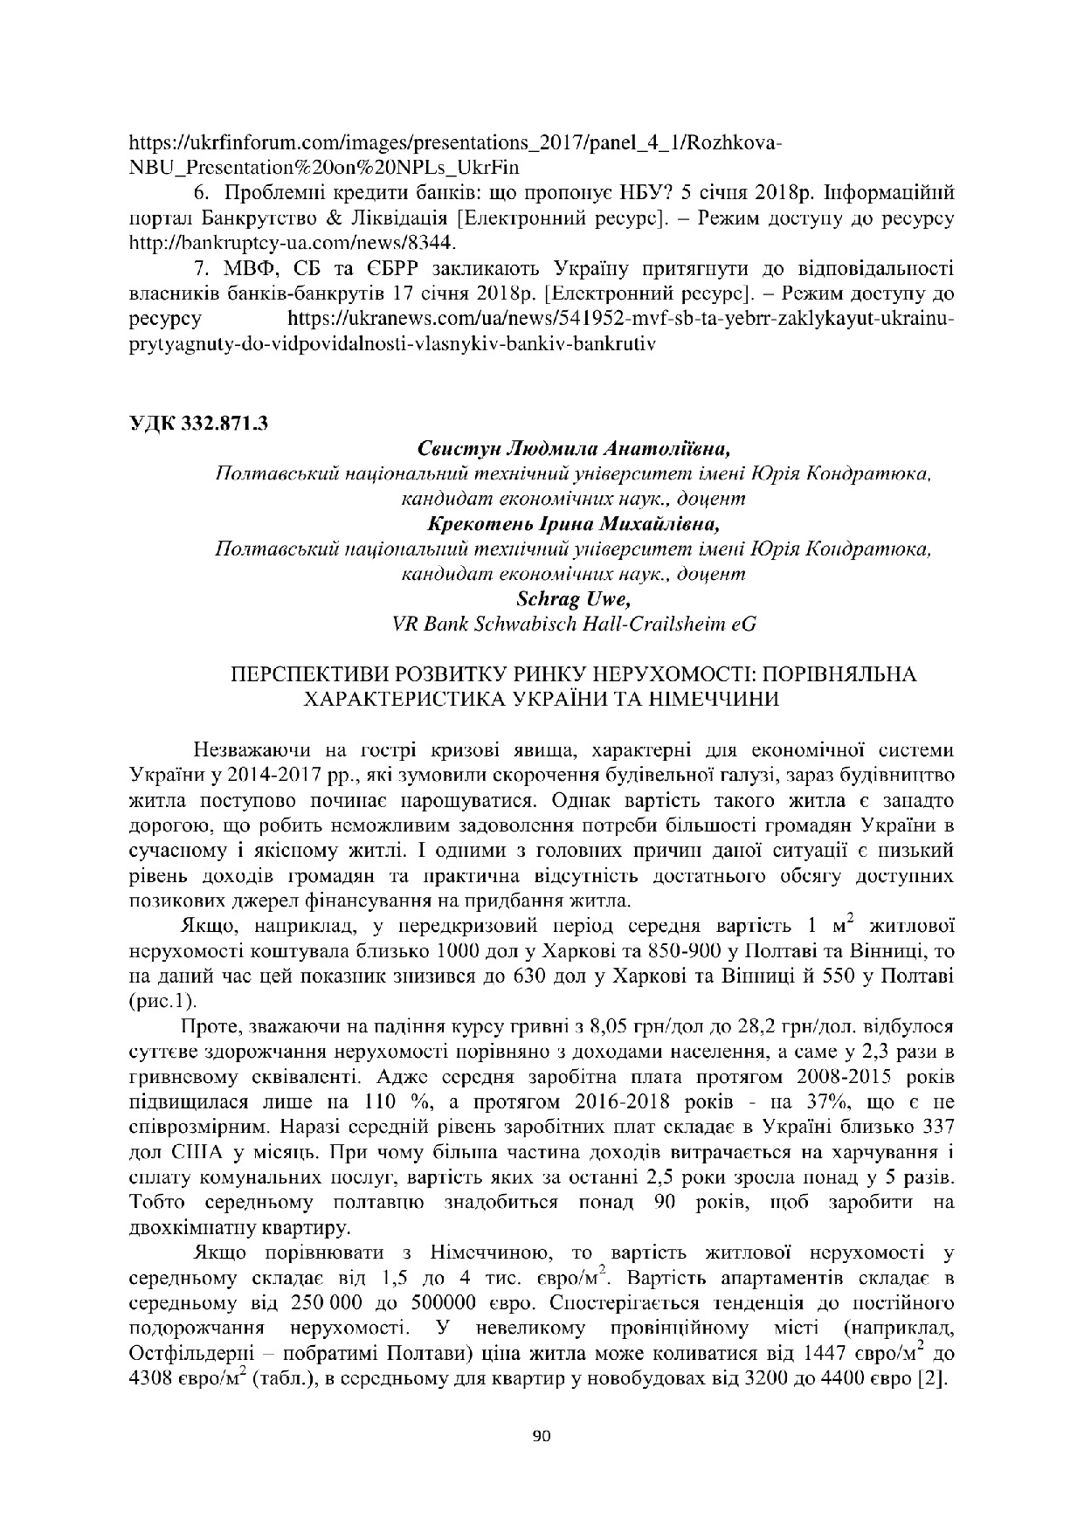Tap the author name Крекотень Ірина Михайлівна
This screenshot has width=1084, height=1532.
(573, 525)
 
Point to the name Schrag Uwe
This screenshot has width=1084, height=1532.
(573, 600)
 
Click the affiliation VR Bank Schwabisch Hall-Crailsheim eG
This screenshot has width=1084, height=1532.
(573, 625)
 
